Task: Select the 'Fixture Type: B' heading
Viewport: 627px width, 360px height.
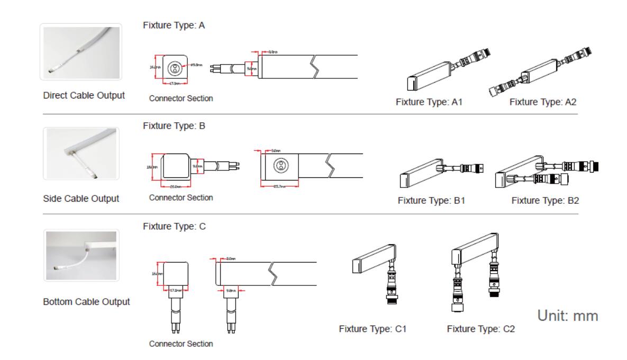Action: point(174,127)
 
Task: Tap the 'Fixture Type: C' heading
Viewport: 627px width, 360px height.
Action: point(174,227)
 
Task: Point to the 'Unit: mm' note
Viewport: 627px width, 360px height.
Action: point(568,316)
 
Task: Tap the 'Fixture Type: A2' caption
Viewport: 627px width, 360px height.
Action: point(542,102)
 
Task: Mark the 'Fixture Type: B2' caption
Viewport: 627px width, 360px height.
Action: point(545,201)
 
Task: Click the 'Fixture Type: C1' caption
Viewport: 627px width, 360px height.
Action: point(372,329)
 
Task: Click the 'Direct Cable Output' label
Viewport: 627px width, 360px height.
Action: point(84,96)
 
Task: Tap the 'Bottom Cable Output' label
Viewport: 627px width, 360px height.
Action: point(86,302)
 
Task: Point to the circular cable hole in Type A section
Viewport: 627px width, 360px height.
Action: point(173,68)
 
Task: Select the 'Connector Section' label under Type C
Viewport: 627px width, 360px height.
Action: point(181,344)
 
